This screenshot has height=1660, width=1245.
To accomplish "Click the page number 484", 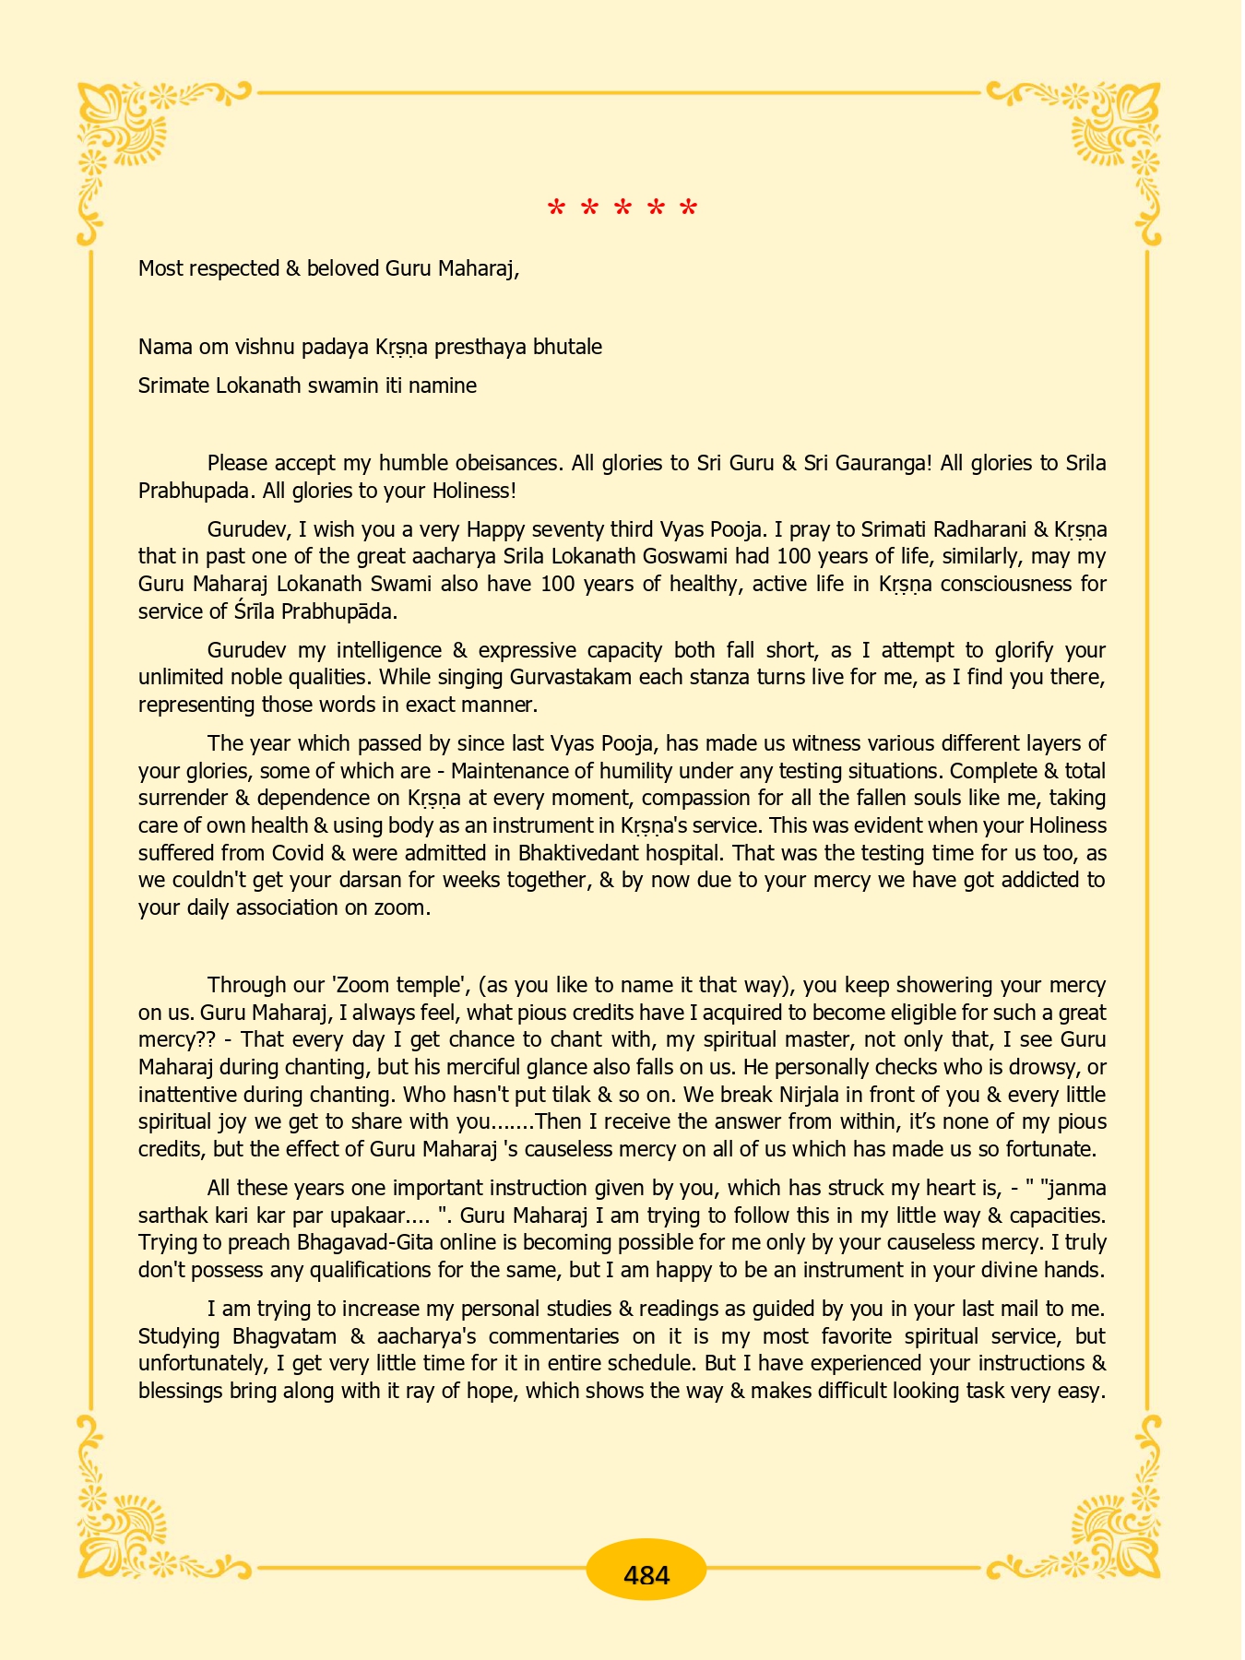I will point(646,1574).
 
